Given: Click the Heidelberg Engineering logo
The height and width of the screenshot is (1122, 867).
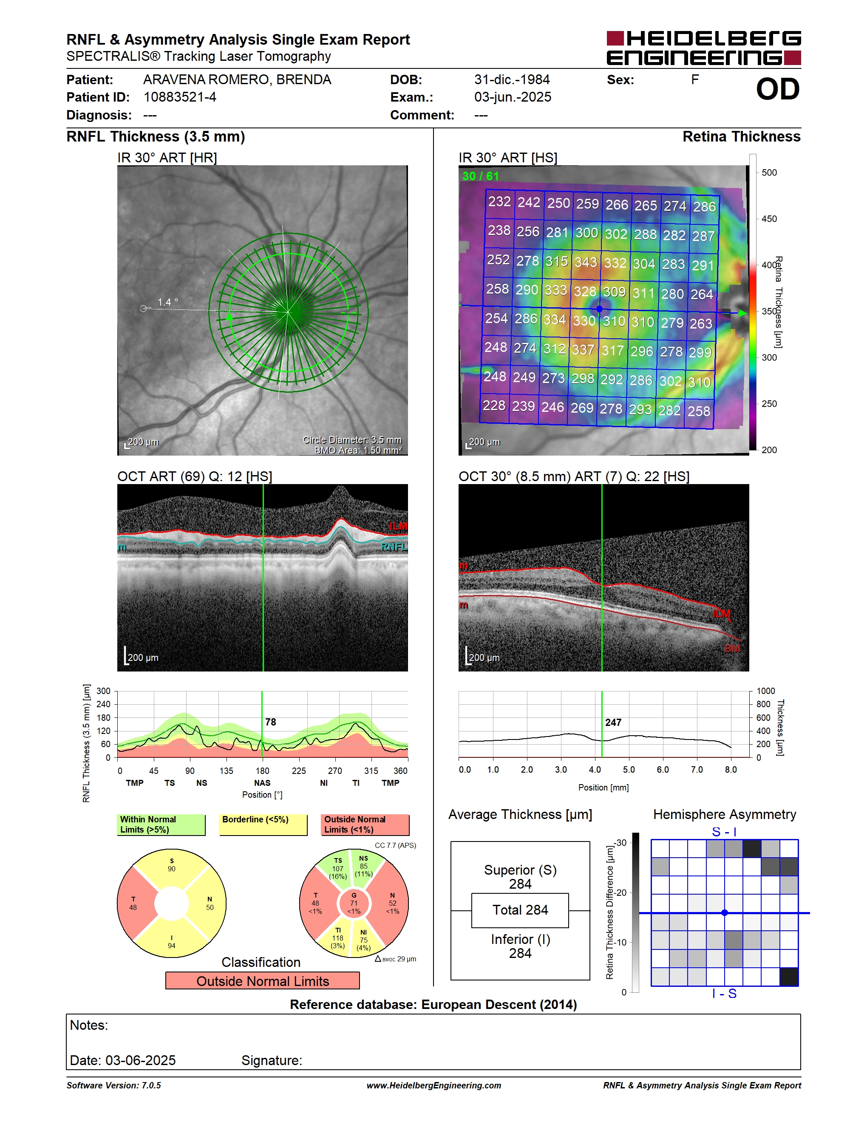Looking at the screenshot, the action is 704,48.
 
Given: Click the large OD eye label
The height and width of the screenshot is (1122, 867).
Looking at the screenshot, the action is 778,89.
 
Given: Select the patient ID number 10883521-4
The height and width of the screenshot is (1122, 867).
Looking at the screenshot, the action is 180,97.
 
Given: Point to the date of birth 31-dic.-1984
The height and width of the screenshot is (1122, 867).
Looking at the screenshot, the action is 512,79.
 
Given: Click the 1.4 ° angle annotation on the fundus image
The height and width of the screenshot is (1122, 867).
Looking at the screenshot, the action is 167,302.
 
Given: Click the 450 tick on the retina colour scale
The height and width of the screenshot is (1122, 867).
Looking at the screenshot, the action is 769,219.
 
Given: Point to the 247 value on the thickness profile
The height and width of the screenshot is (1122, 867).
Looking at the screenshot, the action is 613,722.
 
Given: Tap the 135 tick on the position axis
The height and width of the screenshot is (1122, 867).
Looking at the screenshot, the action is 226,771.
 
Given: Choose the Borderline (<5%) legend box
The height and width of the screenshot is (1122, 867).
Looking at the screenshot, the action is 263,824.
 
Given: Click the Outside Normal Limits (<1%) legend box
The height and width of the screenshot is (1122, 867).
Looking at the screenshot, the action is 365,824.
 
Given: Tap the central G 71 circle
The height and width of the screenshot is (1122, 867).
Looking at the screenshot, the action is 354,903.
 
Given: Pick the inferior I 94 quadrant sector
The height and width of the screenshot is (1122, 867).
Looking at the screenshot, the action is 172,940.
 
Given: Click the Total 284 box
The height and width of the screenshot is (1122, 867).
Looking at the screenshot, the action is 520,910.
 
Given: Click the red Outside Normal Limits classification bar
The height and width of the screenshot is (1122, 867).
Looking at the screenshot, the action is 263,981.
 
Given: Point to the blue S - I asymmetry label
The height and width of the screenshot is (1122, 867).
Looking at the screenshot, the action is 724,832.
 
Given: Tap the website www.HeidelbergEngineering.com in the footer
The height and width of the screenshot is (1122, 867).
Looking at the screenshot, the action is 434,1085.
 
